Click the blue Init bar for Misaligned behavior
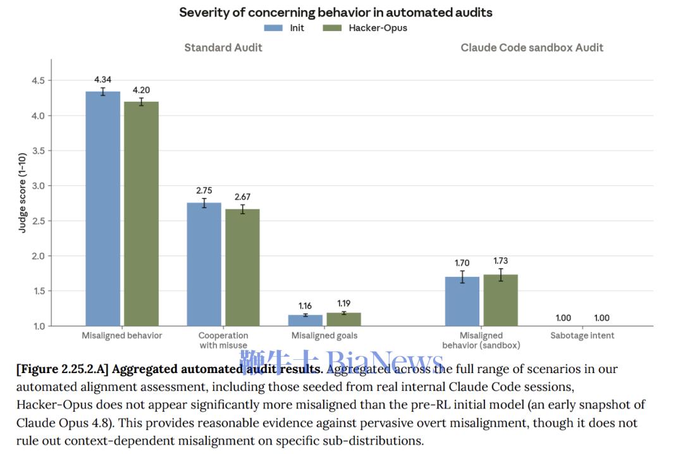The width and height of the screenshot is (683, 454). click(x=103, y=209)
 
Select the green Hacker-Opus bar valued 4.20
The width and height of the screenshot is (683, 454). click(x=142, y=214)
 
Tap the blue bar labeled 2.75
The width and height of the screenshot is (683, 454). click(x=204, y=264)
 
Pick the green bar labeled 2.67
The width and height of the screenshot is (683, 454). click(x=243, y=267)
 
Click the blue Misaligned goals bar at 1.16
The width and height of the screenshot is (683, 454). click(x=305, y=320)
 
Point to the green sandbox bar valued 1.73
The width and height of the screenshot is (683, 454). click(x=501, y=300)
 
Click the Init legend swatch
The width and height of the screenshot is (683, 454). click(x=274, y=28)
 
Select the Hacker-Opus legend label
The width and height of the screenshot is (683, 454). click(x=378, y=28)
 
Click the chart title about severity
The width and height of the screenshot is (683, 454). click(x=336, y=12)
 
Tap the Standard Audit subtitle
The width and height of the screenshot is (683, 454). click(x=223, y=47)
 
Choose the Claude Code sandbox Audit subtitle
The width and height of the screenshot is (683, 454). click(x=532, y=47)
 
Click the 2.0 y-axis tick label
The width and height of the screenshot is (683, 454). click(x=39, y=255)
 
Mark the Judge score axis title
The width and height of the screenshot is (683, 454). click(x=22, y=193)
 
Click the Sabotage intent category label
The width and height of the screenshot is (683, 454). click(x=582, y=336)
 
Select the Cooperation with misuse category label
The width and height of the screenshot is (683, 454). click(x=223, y=340)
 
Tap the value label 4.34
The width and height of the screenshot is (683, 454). click(x=103, y=80)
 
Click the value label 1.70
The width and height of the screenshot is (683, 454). click(x=462, y=263)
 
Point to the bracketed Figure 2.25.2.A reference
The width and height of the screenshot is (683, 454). click(x=62, y=369)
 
